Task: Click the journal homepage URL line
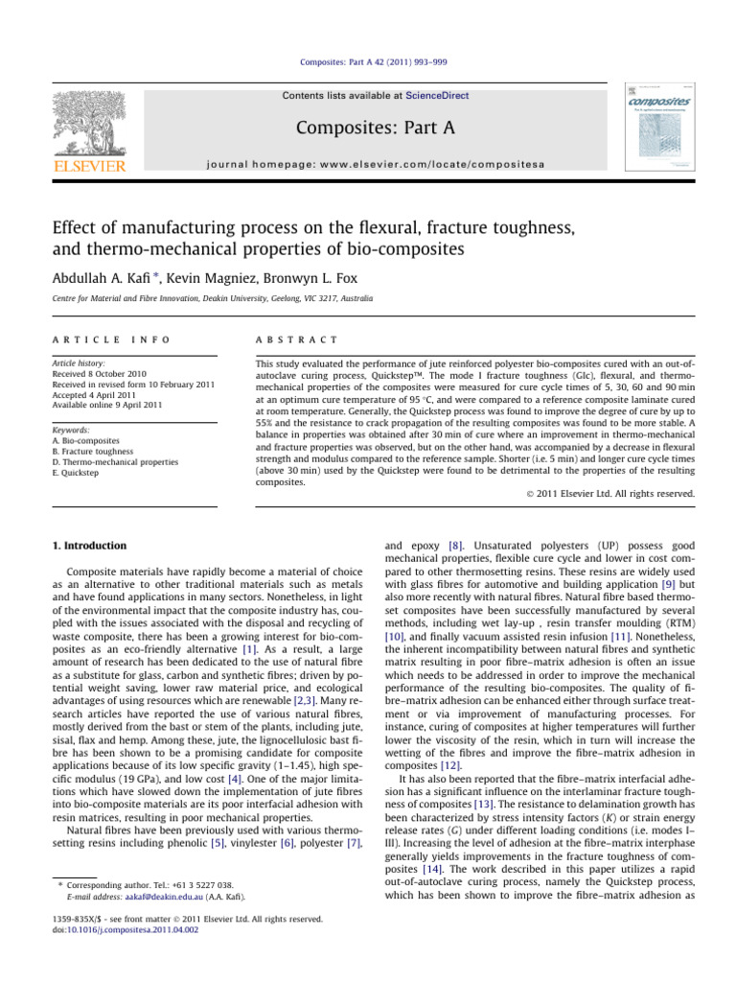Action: (368, 164)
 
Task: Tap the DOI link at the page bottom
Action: (143, 929)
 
